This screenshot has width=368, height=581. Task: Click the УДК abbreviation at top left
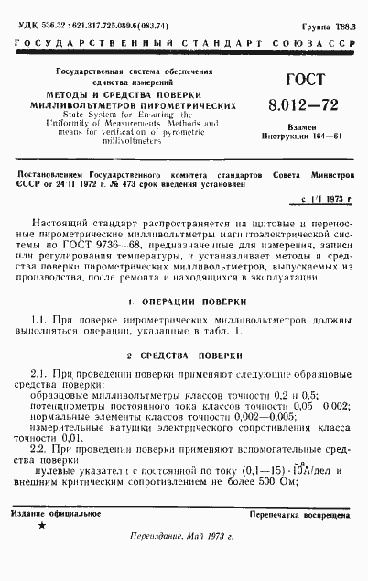pyautogui.click(x=17, y=8)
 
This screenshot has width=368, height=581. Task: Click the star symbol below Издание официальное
pyautogui.click(x=40, y=528)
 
